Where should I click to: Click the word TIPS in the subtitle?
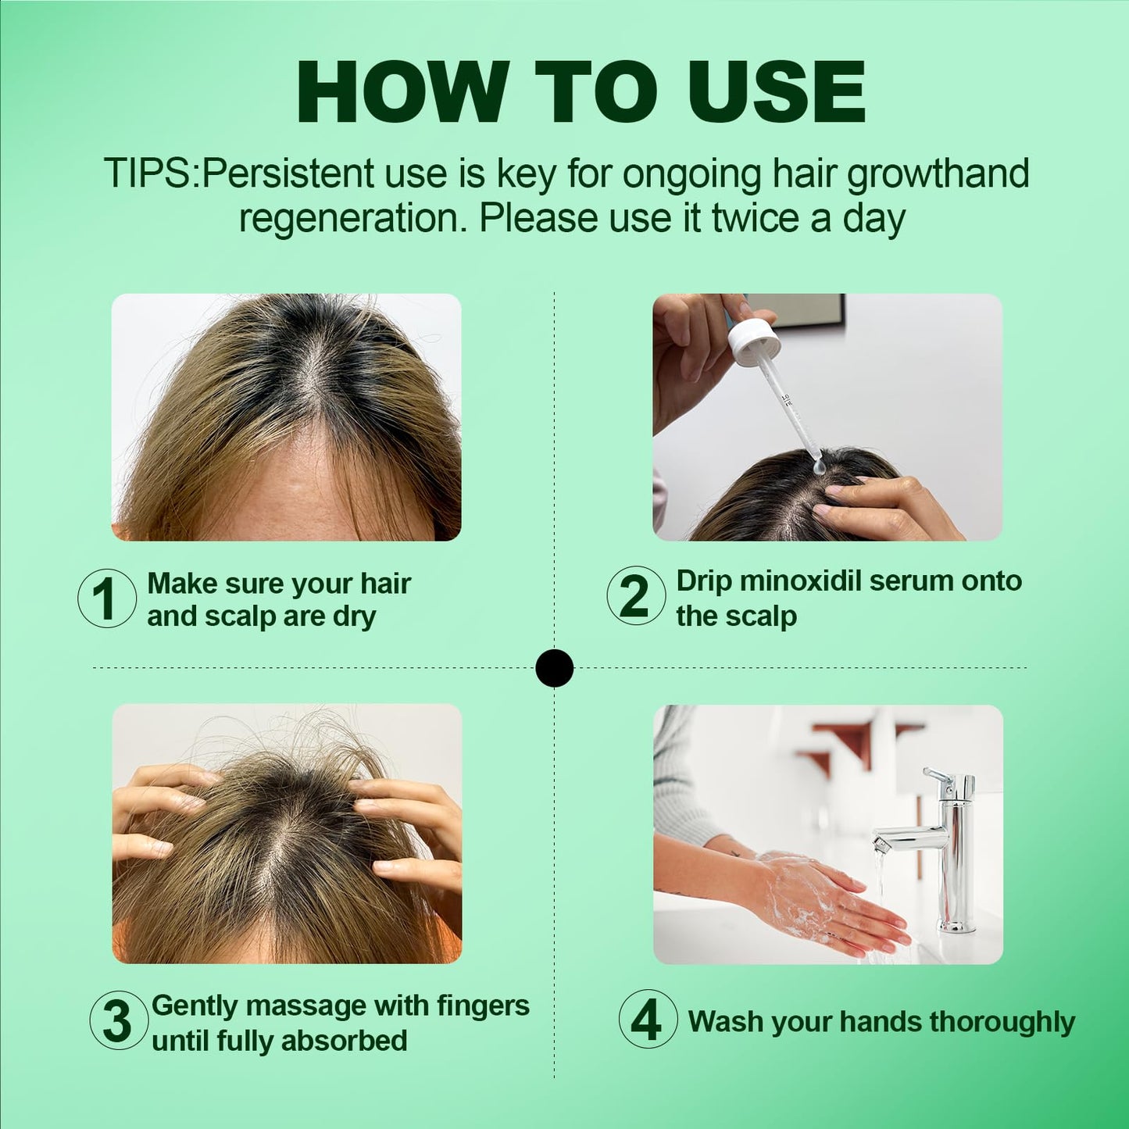(148, 173)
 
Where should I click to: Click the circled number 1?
(107, 599)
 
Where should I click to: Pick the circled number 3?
(118, 1020)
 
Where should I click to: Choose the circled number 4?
(648, 1019)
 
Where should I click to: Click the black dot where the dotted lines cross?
(555, 668)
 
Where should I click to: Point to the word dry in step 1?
(355, 617)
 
